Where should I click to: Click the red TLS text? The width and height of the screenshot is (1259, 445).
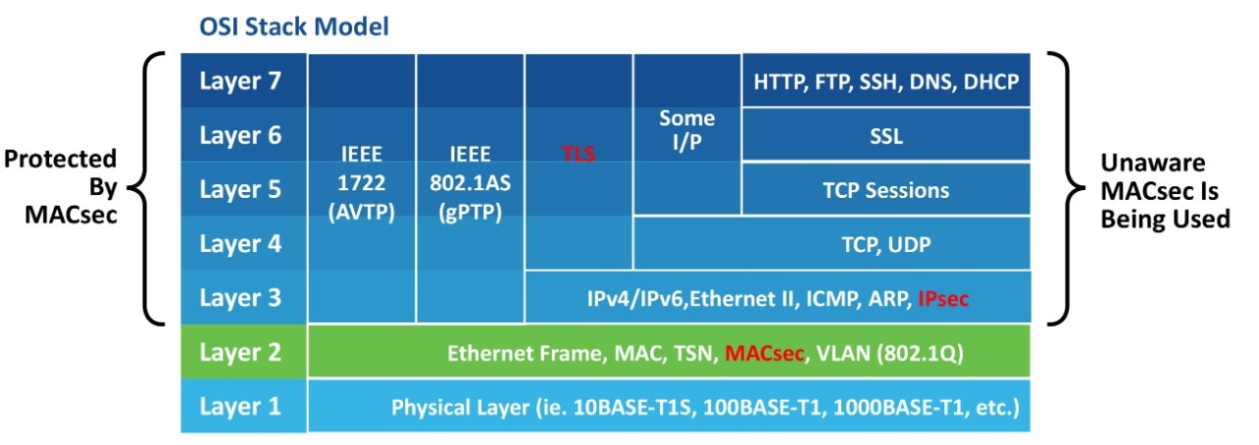[578, 155]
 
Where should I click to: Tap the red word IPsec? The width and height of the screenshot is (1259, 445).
[942, 298]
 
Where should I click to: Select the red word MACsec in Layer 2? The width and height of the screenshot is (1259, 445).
[764, 352]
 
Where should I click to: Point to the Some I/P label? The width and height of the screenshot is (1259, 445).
[687, 131]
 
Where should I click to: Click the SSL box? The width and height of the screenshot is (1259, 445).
[886, 136]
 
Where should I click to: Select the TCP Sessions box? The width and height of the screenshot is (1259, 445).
[886, 190]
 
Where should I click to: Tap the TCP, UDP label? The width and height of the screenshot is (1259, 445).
[886, 244]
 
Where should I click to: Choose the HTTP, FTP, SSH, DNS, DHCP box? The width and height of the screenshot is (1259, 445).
[886, 81]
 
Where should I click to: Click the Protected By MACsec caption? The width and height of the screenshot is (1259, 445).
[61, 186]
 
